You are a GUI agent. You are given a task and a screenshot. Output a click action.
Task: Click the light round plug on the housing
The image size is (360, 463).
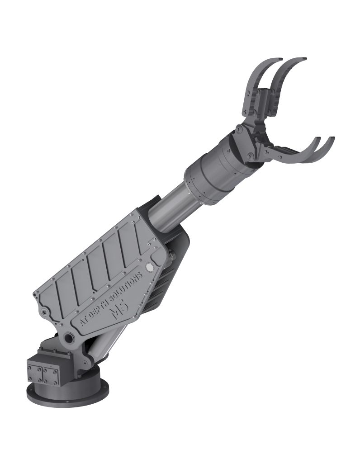[150, 267]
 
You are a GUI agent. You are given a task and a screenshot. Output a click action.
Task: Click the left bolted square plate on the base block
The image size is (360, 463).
[35, 373]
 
